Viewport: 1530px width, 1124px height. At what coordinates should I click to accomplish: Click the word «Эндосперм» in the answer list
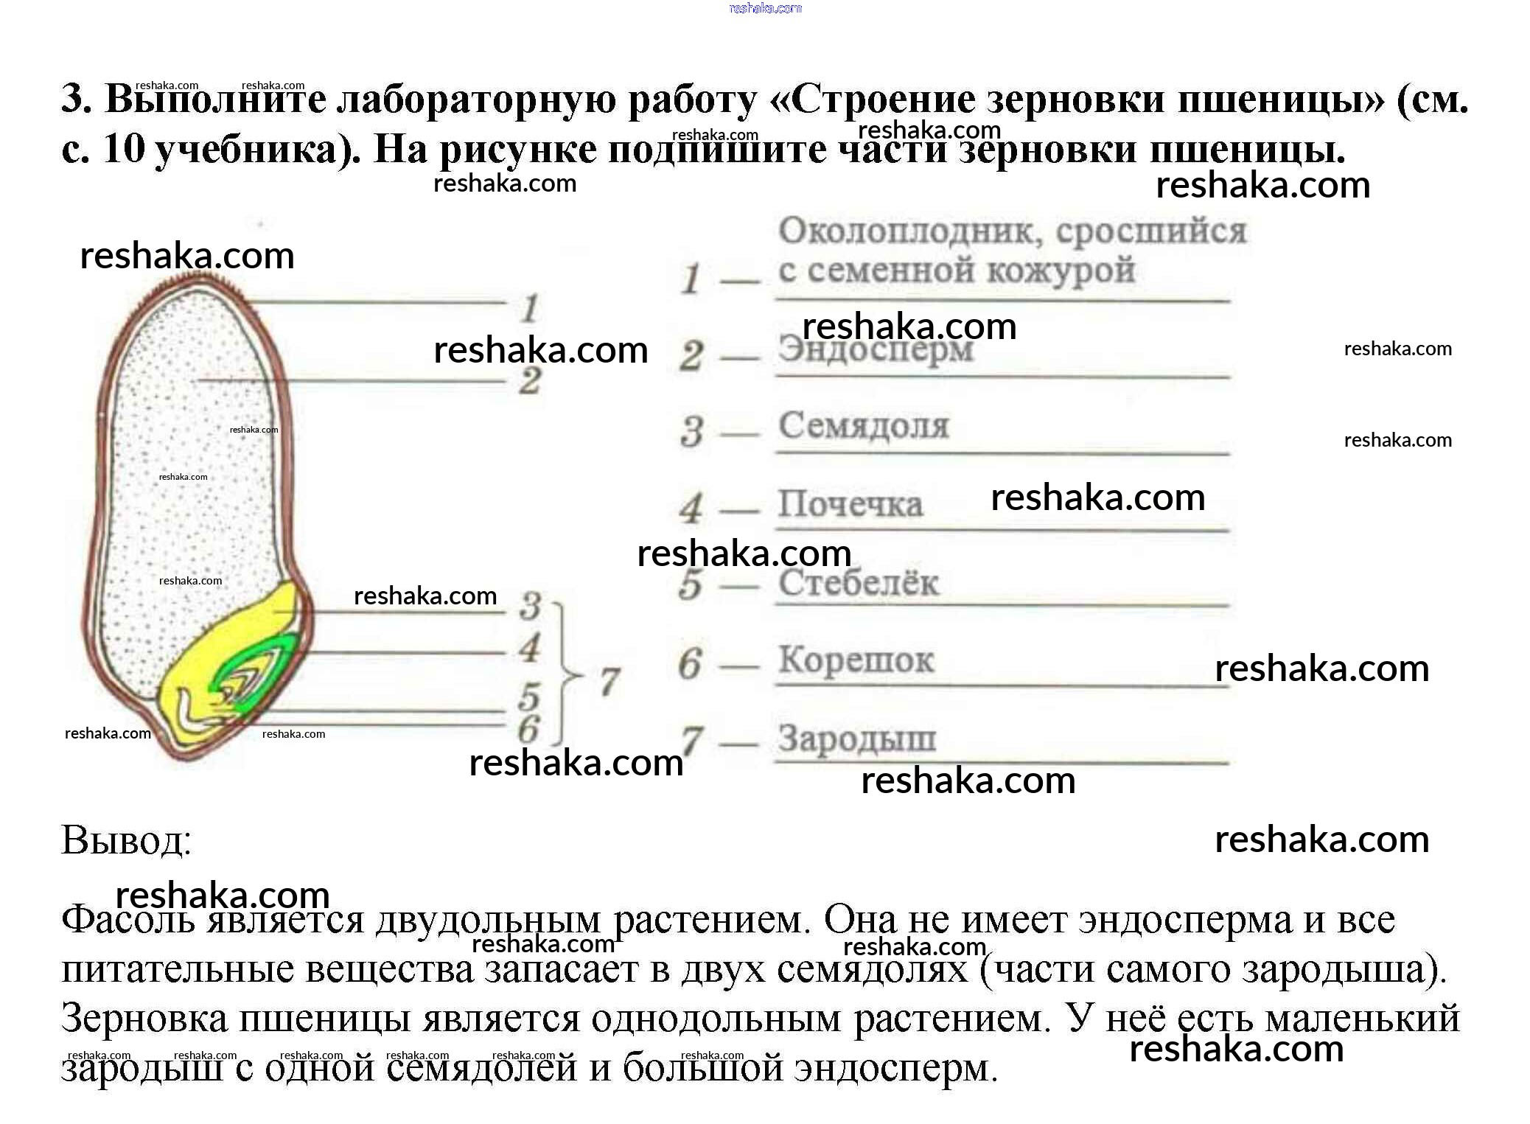coord(876,349)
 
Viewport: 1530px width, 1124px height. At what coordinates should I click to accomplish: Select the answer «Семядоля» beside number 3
coord(864,426)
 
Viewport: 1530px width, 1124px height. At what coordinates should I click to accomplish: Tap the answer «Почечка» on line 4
coord(850,505)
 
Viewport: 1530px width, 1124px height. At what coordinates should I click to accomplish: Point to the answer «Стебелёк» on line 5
coord(859,583)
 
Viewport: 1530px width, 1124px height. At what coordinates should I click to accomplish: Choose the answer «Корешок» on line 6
coord(856,660)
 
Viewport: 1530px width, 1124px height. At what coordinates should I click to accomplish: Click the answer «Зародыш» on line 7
coord(856,739)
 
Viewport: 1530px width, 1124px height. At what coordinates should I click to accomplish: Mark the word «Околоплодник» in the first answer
coord(910,231)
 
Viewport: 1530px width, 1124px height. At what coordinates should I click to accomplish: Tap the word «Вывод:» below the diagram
coord(126,840)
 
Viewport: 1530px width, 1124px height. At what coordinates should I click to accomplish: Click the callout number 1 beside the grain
coord(529,308)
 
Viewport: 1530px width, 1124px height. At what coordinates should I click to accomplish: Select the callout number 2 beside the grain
coord(529,381)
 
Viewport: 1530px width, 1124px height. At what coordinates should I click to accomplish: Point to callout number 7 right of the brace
coord(609,680)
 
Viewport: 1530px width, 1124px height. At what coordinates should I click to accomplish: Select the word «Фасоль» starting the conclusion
coord(128,920)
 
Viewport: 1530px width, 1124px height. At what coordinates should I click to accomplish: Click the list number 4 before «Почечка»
coord(691,508)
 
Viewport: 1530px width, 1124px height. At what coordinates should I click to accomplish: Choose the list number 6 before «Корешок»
coord(689,663)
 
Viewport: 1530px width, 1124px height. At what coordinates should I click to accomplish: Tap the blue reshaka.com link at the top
coord(764,8)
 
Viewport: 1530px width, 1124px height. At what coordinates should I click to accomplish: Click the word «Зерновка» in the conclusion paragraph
coord(144,1019)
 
